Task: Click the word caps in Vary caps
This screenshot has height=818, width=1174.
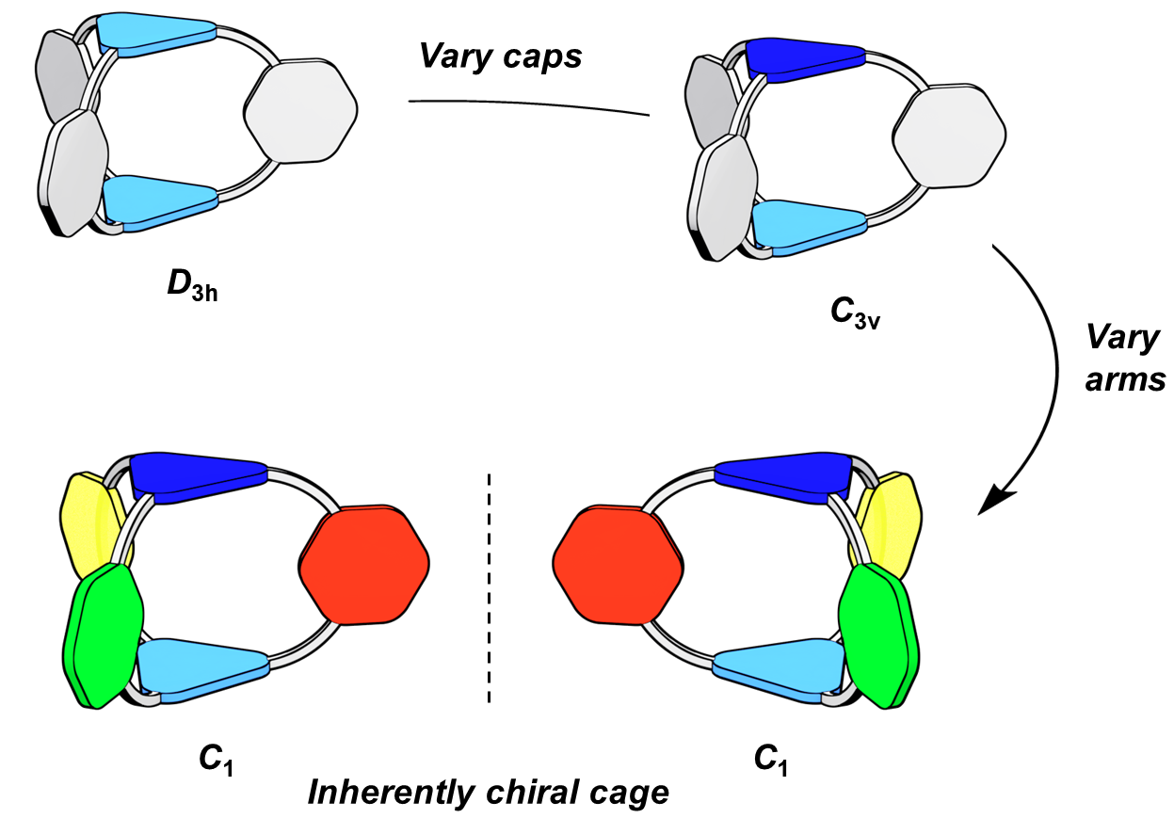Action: tap(541, 56)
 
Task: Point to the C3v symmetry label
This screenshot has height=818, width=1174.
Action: tap(855, 314)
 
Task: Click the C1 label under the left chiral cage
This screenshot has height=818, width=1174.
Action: tap(216, 761)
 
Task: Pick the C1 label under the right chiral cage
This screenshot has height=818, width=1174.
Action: tap(770, 761)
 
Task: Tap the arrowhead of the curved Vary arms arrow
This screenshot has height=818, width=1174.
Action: tap(995, 502)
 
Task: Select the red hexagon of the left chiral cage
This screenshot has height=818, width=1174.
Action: tap(364, 565)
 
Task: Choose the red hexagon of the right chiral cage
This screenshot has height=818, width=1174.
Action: tap(618, 565)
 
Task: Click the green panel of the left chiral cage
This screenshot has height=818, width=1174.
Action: tap(103, 636)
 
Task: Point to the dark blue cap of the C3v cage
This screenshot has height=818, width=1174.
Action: tap(806, 59)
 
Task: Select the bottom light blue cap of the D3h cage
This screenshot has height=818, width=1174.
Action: tap(160, 203)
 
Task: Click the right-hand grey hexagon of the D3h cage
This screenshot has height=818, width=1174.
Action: tap(301, 110)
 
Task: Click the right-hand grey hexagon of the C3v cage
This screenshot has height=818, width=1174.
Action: tap(949, 136)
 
